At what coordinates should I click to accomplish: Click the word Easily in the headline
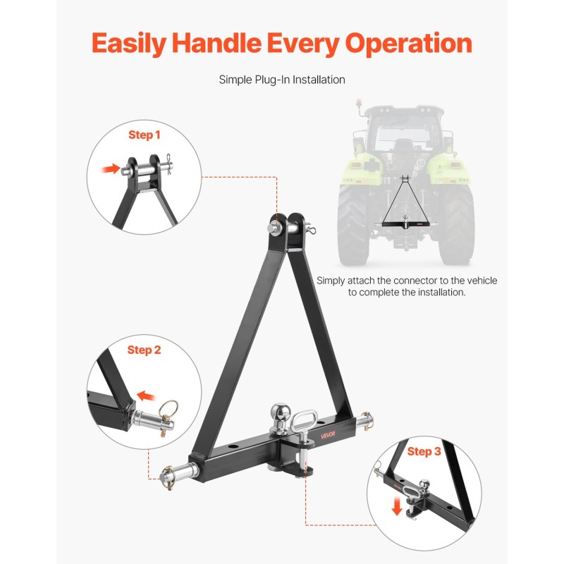click(x=128, y=44)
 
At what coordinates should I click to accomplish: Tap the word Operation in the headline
click(x=409, y=44)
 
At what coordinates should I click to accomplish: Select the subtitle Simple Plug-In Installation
click(x=282, y=80)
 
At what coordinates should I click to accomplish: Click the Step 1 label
click(x=145, y=135)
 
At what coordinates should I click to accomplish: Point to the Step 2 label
click(x=144, y=350)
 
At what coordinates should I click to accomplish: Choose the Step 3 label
click(x=424, y=451)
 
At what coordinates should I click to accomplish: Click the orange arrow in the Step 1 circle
click(x=111, y=168)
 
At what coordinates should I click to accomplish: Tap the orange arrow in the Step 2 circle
click(x=147, y=396)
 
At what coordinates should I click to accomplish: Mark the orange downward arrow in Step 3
click(x=397, y=505)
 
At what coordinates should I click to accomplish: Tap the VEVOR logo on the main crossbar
click(x=328, y=435)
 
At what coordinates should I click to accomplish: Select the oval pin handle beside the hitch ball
click(x=302, y=420)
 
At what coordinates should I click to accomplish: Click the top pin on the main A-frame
click(x=291, y=228)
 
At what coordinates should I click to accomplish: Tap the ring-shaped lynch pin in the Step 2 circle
click(x=168, y=409)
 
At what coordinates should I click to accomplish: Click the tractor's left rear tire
click(x=353, y=223)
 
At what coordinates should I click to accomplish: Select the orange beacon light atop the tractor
click(x=358, y=103)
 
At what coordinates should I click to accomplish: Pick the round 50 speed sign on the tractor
click(x=420, y=164)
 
